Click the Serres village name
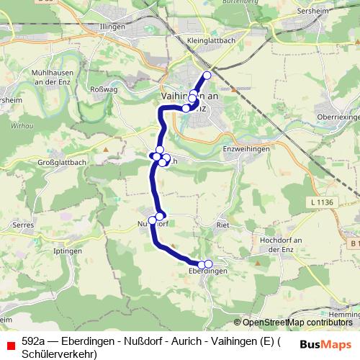tap(24, 225)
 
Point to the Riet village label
tap(222, 225)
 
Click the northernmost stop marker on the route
tap(207, 76)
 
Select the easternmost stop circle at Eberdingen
tap(209, 264)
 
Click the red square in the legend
tap(10, 343)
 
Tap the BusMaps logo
tap(325, 343)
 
